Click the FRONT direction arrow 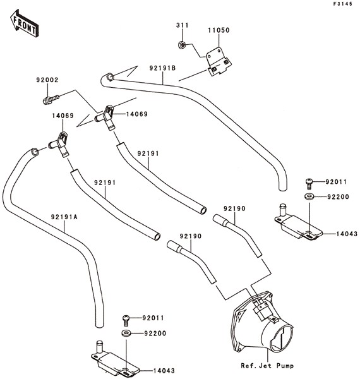24,23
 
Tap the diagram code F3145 343,4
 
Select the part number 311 183,25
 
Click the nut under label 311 182,44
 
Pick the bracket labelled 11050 219,62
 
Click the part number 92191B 162,68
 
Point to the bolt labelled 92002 51,100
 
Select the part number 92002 47,80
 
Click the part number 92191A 64,217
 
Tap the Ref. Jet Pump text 267,366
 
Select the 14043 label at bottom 164,371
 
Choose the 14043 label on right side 347,234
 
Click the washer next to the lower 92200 126,334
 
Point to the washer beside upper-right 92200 309,196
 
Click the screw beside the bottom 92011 126,320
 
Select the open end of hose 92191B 111,77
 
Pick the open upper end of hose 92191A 35,152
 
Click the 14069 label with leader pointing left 137,114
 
